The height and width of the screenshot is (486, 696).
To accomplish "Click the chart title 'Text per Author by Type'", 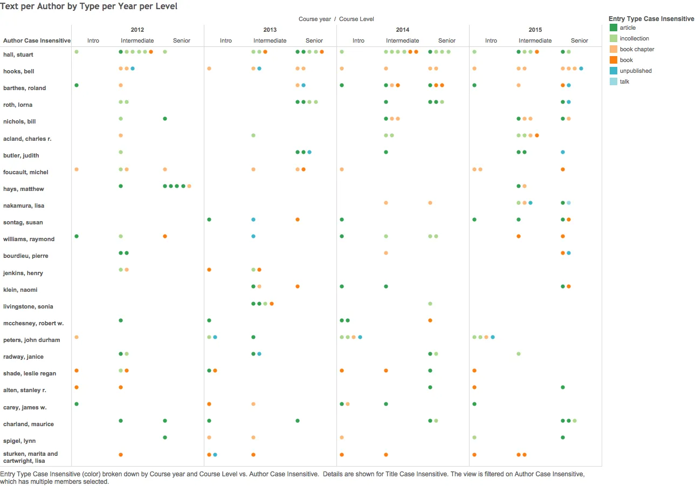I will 88,6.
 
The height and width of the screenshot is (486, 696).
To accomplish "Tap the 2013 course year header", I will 270,30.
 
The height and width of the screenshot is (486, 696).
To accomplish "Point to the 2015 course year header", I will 535,30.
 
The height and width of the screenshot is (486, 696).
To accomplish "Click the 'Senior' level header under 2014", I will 447,40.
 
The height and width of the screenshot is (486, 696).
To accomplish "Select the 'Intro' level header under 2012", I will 93,40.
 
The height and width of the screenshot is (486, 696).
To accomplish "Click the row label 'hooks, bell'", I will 19,71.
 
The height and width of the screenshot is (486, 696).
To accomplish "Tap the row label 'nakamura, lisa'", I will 24,206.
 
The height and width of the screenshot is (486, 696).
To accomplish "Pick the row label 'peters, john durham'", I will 31,340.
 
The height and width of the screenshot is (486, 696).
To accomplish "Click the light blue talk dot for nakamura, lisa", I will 569,203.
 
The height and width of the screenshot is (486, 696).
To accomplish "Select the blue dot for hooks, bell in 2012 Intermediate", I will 133,69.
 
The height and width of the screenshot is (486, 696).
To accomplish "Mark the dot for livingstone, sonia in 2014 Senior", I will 430,304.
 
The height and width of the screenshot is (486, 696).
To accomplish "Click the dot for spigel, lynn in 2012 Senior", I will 165,437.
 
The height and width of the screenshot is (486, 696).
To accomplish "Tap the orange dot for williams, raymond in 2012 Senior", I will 165,236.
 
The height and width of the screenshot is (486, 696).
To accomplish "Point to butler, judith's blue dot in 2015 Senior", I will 563,152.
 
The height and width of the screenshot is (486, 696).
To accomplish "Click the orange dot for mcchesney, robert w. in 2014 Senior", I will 430,320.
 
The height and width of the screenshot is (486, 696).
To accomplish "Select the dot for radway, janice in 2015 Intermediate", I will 519,354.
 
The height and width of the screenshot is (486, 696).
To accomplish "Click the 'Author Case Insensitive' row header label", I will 37,40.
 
